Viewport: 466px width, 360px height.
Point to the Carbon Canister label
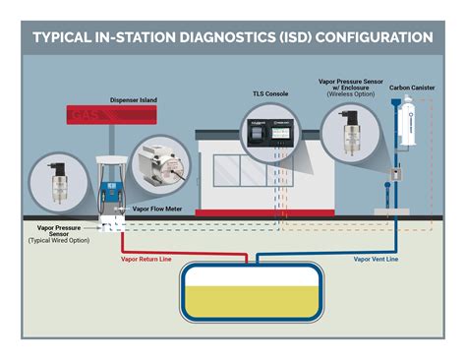[x=412, y=87]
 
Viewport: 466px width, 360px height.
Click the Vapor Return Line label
[x=149, y=261]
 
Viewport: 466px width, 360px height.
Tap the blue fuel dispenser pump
[x=110, y=193]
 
